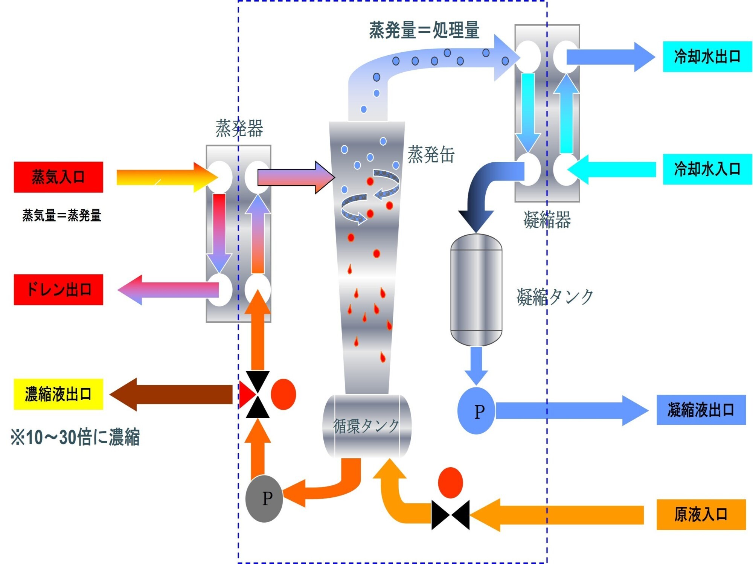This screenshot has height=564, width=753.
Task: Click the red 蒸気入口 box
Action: (x=58, y=177)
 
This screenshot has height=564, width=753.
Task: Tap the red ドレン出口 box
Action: (x=58, y=290)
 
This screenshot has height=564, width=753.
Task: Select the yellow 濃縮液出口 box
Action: (x=58, y=394)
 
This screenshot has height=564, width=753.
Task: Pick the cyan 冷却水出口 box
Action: (x=707, y=56)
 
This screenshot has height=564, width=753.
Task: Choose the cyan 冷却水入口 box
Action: (x=707, y=169)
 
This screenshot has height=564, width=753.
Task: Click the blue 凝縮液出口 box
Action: (x=701, y=410)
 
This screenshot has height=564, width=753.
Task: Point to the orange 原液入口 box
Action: (x=701, y=514)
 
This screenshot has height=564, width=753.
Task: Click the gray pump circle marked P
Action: (x=264, y=498)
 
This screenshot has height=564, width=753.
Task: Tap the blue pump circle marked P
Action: (x=476, y=411)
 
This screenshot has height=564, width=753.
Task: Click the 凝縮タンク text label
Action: (x=555, y=297)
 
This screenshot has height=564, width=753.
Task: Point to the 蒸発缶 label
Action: (x=431, y=155)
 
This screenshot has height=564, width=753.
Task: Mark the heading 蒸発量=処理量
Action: (x=424, y=30)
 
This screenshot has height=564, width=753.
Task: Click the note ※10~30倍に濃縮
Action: (x=75, y=437)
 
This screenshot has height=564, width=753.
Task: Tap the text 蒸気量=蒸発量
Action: (x=62, y=215)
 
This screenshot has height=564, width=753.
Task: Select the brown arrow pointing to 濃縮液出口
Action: (x=171, y=394)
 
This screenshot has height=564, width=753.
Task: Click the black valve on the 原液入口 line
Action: (x=450, y=515)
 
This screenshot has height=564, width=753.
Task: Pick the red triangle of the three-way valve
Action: (x=246, y=395)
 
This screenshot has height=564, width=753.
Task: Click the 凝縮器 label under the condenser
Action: (x=547, y=220)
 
